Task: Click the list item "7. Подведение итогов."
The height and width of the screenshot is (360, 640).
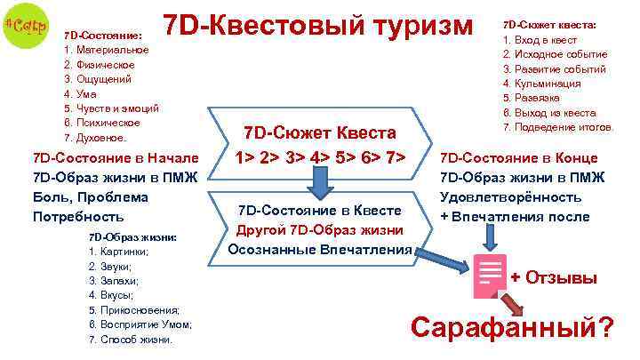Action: coord(558,126)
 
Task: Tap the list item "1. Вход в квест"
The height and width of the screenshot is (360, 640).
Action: coord(540,40)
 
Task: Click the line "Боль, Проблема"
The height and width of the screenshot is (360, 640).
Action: coord(87,196)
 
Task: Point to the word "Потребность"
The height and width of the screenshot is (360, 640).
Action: coord(77,217)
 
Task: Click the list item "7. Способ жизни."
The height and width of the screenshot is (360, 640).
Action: coord(131,339)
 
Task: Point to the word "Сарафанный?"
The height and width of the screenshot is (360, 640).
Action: coord(511,330)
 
